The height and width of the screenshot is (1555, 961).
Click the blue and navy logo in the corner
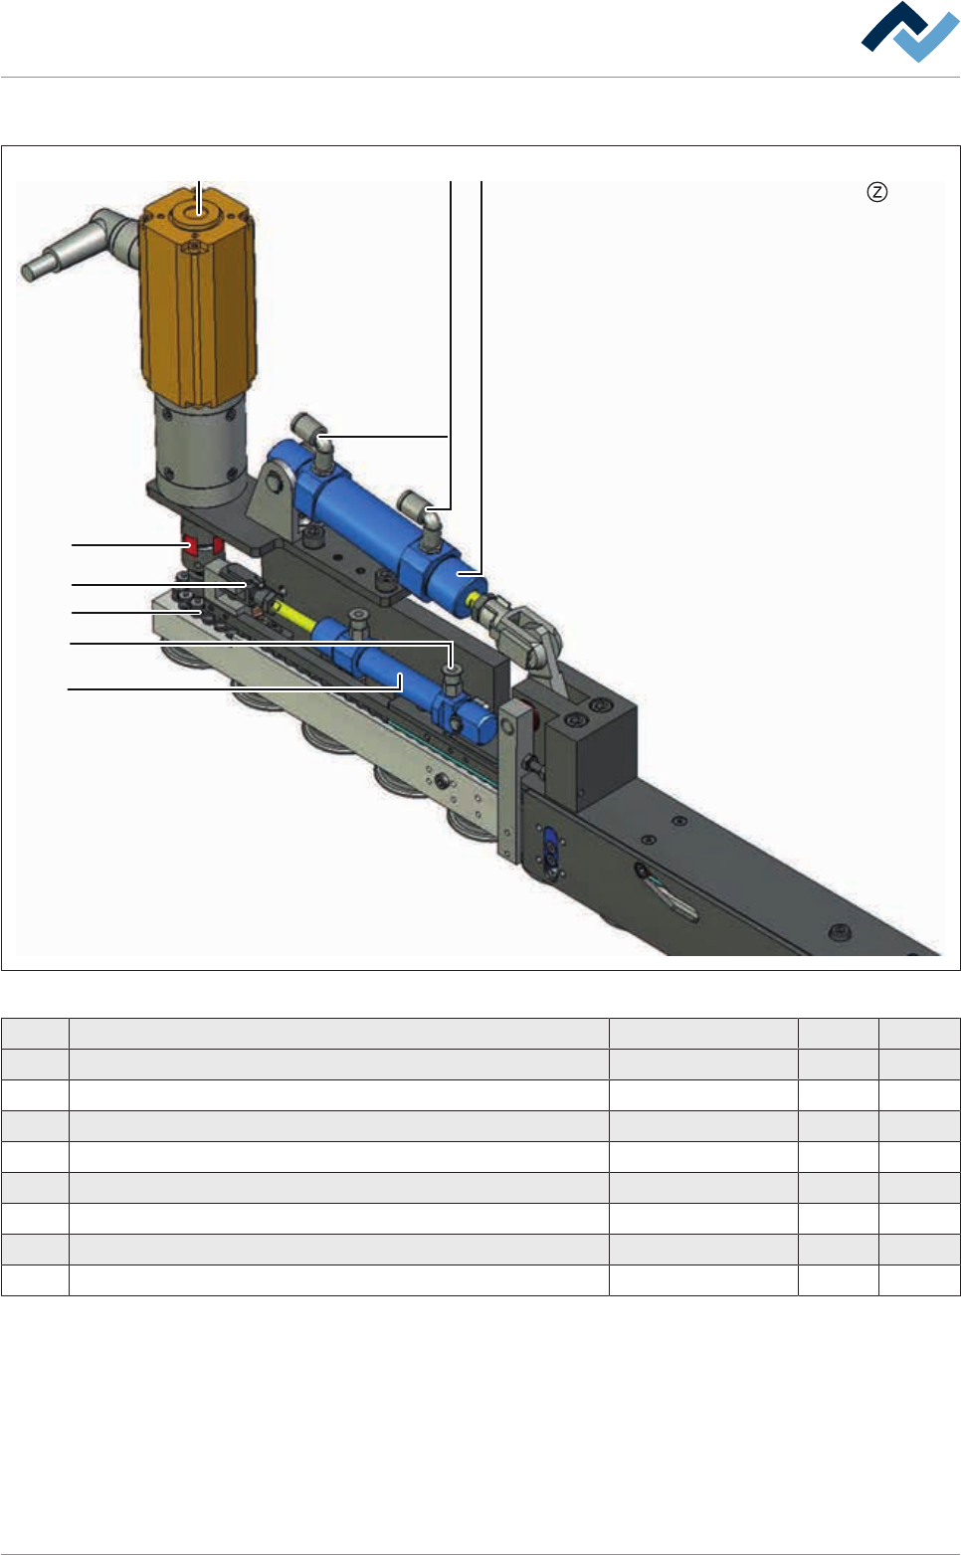(x=909, y=32)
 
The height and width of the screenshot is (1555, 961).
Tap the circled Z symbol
(x=877, y=192)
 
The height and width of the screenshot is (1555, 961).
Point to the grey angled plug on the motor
(x=79, y=243)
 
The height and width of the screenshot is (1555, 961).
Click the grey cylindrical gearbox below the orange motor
(x=200, y=447)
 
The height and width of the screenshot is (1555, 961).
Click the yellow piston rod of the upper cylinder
(x=475, y=600)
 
